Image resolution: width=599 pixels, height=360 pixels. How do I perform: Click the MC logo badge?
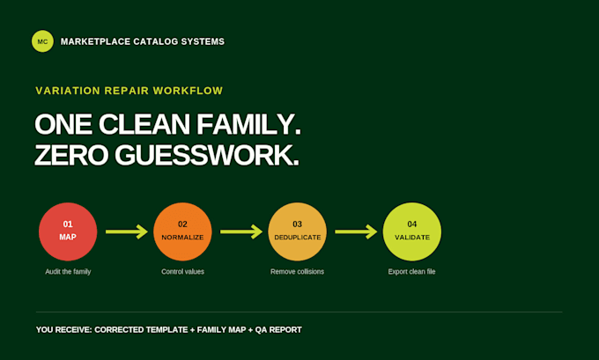42,41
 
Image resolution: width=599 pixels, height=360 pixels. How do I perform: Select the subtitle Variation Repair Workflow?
129,91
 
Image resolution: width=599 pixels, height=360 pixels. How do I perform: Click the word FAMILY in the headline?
248,124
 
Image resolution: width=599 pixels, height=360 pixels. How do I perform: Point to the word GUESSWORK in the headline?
207,156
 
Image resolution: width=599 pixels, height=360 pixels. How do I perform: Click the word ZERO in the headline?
71,156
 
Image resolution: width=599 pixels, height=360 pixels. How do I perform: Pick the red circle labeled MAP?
68,231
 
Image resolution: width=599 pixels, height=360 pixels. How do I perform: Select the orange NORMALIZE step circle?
182,231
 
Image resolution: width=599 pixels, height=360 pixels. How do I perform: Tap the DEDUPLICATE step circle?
297,231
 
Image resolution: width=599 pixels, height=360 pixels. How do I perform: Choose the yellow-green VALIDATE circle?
412,231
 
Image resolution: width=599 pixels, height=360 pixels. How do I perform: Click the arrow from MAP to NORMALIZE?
127,231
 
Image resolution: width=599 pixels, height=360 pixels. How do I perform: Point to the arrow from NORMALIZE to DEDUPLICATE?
241,231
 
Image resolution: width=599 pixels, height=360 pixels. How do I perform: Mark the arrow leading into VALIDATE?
356,231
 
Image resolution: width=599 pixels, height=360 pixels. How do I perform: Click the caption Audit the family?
68,272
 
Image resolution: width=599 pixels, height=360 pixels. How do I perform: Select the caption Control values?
182,272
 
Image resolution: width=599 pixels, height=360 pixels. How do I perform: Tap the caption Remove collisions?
297,272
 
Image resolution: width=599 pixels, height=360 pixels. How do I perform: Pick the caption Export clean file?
412,272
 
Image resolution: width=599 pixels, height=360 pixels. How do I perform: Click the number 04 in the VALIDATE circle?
412,224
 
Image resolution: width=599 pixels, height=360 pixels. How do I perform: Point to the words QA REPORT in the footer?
278,330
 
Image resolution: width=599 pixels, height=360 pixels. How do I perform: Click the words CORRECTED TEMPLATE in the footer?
141,330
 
